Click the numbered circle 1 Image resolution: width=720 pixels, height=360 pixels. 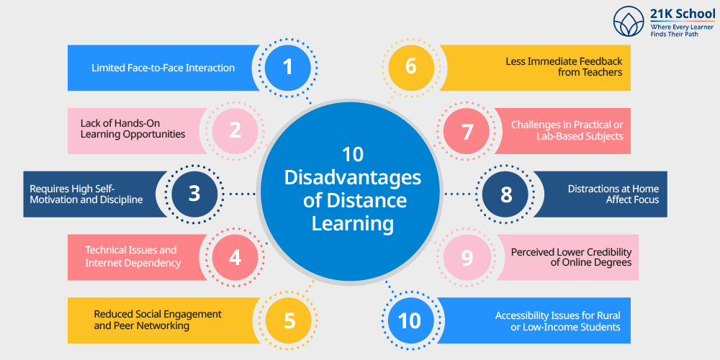288,68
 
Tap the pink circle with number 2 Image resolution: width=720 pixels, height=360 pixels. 235,131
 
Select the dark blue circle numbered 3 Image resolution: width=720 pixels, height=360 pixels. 194,194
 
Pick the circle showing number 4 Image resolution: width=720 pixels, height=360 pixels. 235,258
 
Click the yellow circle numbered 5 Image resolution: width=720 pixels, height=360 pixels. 289,320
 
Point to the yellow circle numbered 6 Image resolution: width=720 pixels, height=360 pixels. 411,68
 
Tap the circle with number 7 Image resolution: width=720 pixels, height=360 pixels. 466,131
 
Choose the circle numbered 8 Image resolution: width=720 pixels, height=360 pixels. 505,194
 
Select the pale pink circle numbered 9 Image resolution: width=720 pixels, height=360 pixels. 467,258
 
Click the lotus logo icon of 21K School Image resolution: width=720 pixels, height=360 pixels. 629,22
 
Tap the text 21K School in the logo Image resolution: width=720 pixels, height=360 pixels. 683,14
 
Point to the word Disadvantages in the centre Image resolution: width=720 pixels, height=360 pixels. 352,178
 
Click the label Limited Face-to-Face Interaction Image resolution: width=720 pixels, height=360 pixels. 163,68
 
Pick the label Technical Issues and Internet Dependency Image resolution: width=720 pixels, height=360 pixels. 132,256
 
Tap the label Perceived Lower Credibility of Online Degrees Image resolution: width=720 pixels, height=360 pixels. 571,257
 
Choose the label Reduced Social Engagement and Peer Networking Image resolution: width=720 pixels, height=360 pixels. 158,320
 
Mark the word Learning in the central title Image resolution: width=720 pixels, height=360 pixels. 353,225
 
